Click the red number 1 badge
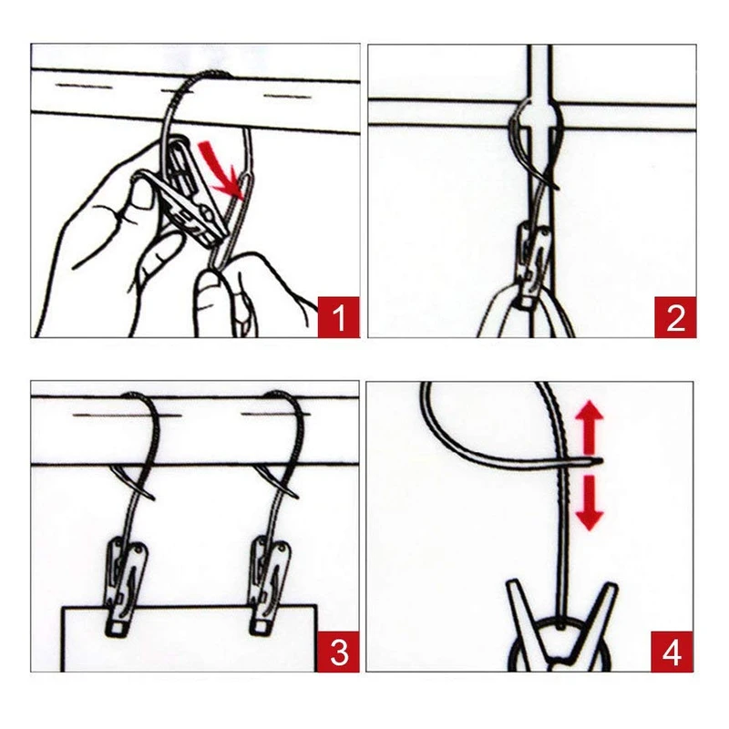pos(338,317)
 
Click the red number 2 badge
pos(675,317)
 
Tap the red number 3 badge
pos(338,652)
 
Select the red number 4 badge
pos(672,652)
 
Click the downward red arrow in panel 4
pos(589,503)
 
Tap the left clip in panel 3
pos(125,587)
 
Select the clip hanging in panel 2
pos(534,265)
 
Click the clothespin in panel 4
pos(561,625)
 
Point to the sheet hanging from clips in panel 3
pos(190,639)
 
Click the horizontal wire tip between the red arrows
pos(601,461)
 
